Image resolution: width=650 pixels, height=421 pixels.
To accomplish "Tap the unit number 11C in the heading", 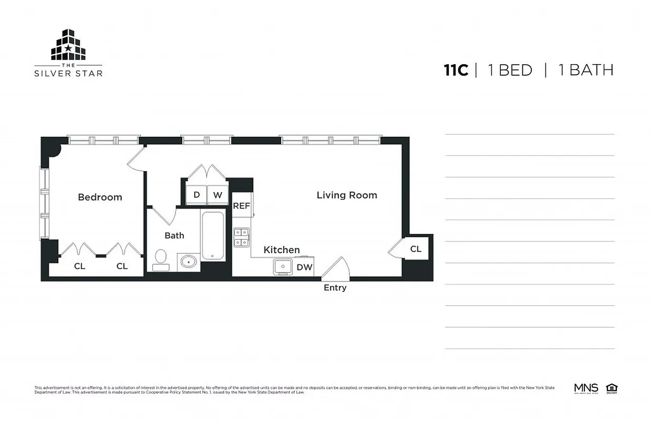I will point(456,71).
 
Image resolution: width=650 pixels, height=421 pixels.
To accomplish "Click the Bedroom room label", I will point(100,197).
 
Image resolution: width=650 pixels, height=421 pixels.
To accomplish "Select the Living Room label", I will point(347,195).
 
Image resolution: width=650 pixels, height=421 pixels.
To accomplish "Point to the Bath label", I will point(174,235).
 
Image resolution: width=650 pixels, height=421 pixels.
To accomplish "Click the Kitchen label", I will point(282,250).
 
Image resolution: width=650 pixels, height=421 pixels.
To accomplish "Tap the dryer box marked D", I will point(197,195).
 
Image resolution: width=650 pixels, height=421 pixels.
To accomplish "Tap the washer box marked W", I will point(218,195).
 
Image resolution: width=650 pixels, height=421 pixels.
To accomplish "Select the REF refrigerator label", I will point(242,206).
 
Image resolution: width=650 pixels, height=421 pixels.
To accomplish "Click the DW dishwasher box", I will point(304,267).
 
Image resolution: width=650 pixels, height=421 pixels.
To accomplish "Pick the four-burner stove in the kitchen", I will point(241,237).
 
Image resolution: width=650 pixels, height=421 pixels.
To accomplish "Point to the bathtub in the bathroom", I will point(213,235).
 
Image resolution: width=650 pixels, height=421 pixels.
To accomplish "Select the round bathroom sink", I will point(188,261).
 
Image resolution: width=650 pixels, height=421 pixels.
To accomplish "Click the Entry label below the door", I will point(335,288).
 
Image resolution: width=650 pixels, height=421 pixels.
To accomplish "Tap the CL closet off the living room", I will point(416,249).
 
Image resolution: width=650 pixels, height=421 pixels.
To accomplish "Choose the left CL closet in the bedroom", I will point(79,266).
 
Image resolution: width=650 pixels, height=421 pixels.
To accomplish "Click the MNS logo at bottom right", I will point(586,389).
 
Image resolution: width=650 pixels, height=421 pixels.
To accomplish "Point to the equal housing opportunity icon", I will point(611,389).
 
